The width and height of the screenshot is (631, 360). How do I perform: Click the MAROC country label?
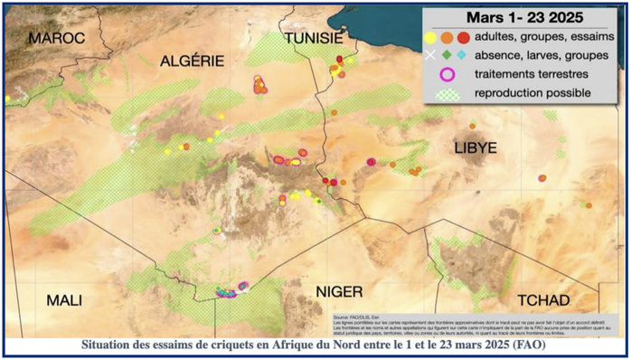coord(55,38)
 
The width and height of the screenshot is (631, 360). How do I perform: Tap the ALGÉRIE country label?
coord(193,61)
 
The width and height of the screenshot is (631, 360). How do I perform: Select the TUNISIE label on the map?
coord(313,38)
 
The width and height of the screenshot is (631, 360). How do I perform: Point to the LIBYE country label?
coord(476,147)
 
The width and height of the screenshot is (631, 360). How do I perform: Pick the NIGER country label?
coord(338,291)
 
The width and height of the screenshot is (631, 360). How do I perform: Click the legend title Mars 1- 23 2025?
coord(523,18)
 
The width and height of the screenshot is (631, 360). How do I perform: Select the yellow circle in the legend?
coord(431,38)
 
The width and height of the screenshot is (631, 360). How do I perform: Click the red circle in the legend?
coord(464,38)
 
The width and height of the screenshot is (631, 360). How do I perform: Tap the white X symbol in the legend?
coord(430,55)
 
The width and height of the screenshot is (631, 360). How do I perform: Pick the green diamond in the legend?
coord(447,55)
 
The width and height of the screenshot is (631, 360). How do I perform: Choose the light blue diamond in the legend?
coord(462,55)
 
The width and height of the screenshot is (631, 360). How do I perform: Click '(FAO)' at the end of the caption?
coord(527,345)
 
